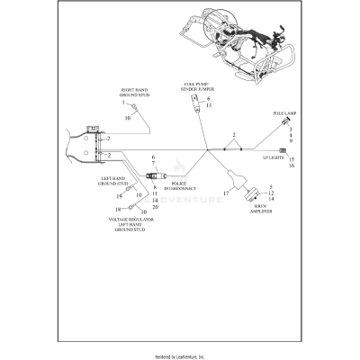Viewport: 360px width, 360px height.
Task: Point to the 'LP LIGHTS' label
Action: point(274,157)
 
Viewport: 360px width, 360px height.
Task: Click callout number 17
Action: point(226,193)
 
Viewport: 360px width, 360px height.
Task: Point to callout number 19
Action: point(118,195)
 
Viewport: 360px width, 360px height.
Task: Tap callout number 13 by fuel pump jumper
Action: point(209,106)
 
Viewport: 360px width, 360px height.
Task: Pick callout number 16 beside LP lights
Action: point(292,166)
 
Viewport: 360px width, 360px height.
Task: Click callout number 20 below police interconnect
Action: point(155,207)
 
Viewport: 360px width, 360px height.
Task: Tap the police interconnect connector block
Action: point(151,172)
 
